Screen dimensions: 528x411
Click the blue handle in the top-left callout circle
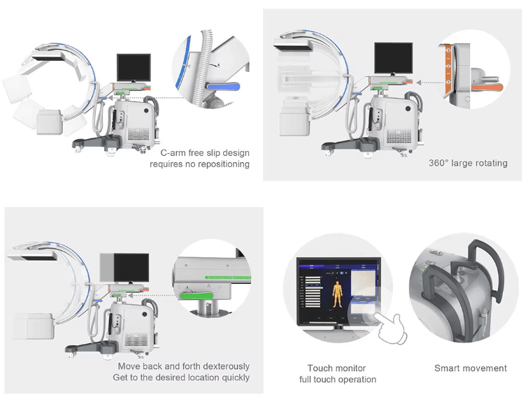click(x=223, y=87)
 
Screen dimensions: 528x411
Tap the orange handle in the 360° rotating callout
click(x=487, y=88)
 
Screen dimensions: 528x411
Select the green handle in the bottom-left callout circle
click(x=196, y=296)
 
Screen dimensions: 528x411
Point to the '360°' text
click(x=438, y=163)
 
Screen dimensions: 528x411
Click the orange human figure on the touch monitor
click(x=337, y=295)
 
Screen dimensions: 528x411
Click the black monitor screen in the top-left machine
click(x=134, y=67)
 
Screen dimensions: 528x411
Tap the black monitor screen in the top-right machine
click(x=393, y=58)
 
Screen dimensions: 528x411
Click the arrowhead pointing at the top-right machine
click(x=418, y=82)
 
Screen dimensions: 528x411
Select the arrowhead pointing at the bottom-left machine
click(x=130, y=295)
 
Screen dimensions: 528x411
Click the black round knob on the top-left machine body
click(x=146, y=110)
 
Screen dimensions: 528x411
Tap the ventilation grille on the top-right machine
click(x=399, y=135)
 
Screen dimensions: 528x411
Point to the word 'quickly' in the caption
click(x=236, y=377)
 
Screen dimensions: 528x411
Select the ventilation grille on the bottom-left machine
click(x=136, y=340)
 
